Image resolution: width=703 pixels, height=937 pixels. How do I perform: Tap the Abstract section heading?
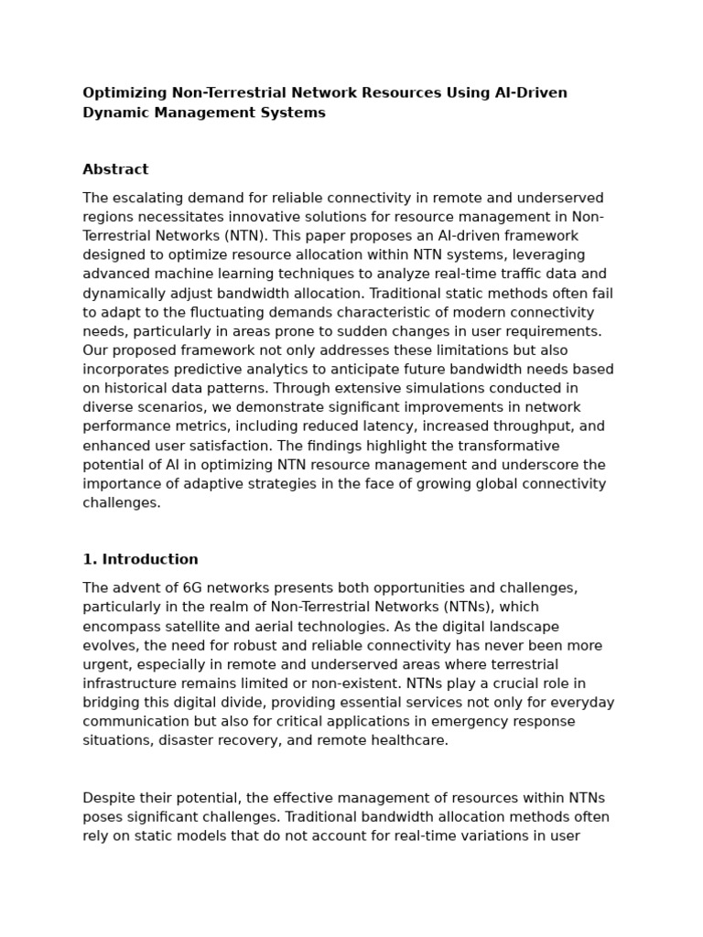115,169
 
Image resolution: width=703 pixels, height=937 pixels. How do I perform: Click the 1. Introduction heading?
140,559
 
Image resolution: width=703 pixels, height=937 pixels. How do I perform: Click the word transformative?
505,447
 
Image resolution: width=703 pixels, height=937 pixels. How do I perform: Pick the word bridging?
113,703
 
